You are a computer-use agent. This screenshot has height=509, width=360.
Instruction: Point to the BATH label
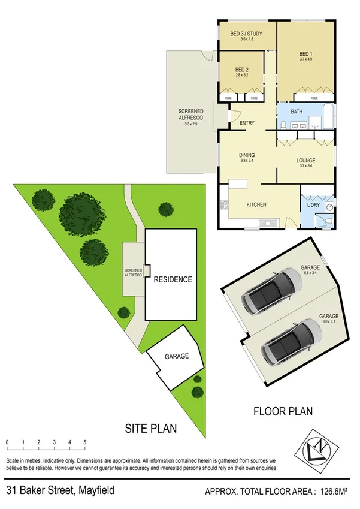point(297,112)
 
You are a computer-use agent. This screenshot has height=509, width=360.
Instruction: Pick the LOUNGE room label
point(305,161)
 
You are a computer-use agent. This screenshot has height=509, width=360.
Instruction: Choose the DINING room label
point(247,154)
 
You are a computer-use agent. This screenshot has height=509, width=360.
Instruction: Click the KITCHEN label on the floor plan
point(256,205)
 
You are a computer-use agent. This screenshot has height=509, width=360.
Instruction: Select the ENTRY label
point(247,123)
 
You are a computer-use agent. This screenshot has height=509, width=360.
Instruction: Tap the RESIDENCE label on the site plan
point(173,279)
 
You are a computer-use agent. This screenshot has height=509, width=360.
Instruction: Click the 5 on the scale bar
point(85,442)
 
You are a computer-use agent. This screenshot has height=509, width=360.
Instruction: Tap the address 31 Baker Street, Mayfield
point(60,490)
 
